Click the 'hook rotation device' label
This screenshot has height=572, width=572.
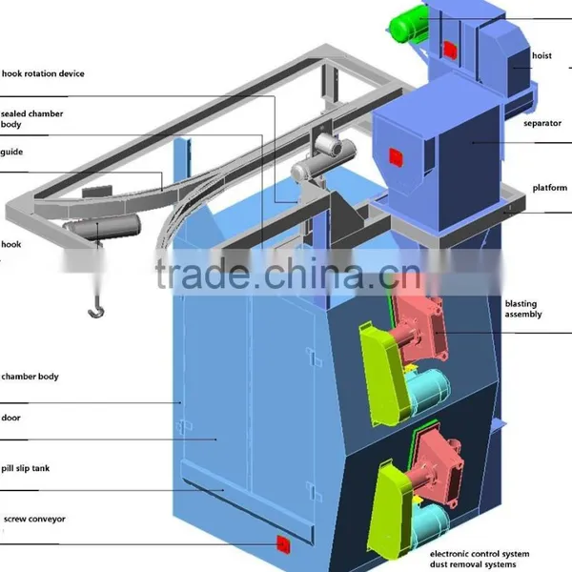tap(43, 73)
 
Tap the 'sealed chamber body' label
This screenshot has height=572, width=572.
tap(31, 119)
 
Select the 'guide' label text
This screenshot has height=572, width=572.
tap(11, 152)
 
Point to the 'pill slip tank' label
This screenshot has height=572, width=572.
tap(25, 468)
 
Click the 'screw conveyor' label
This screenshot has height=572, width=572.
tap(34, 520)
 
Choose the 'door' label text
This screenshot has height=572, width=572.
tap(10, 418)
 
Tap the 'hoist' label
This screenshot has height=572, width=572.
tap(541, 56)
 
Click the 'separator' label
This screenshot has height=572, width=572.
tap(542, 123)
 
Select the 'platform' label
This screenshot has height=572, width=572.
tap(550, 188)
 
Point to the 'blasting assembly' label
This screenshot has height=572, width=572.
tap(523, 309)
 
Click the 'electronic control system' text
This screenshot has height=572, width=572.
tap(480, 554)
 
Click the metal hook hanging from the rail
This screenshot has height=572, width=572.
tap(96, 308)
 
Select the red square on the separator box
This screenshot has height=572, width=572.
tap(396, 157)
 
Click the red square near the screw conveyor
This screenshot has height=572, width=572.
tap(283, 544)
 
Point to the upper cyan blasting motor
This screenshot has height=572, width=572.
tap(427, 389)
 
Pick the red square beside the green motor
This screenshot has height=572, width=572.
tap(450, 50)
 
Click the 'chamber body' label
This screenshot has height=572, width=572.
tap(30, 377)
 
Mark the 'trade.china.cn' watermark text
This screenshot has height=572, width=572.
tap(288, 274)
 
